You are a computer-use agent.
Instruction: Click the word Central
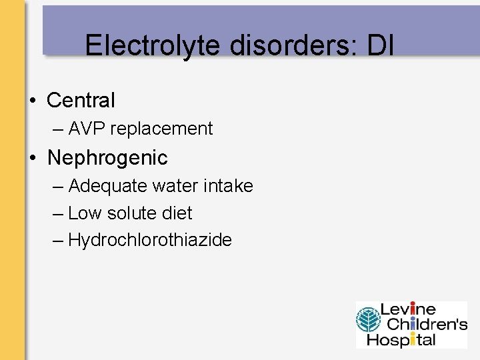point(81,101)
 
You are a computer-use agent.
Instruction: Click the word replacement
point(161,129)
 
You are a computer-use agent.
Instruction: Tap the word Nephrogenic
point(107,158)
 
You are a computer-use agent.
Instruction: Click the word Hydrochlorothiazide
point(150,240)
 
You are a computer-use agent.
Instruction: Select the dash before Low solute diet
point(59,214)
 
